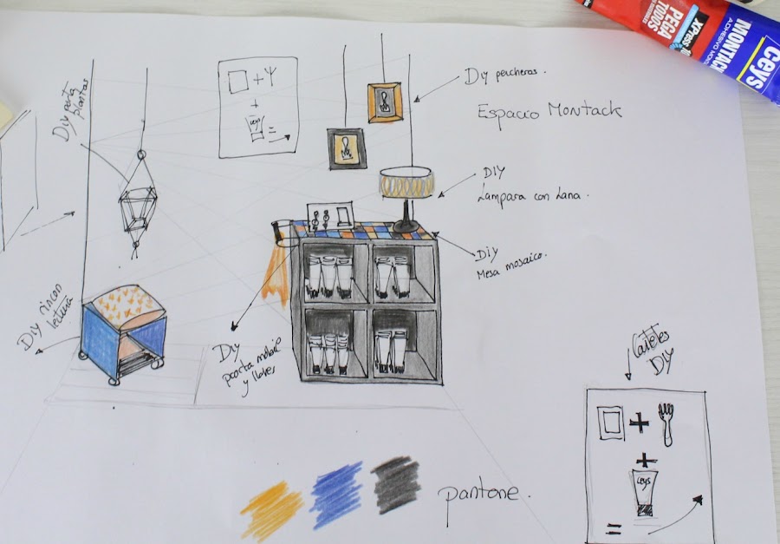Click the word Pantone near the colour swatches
pos(479,495)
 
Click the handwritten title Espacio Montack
pos(549,111)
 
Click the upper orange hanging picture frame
pos(385,102)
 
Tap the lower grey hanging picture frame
pos(346,147)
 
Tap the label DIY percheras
pos(504,76)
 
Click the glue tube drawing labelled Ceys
pos(641,490)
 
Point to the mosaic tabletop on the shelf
pos(364,232)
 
